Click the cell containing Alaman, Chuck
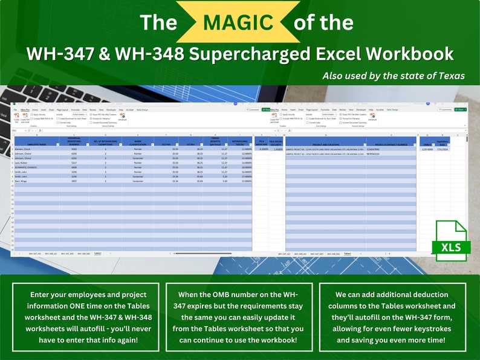click(x=27, y=149)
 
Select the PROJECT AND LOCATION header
click(x=325, y=143)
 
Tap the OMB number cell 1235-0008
click(x=427, y=149)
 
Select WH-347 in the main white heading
click(x=54, y=54)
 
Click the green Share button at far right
click(x=461, y=109)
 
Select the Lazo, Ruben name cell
click(x=25, y=162)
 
